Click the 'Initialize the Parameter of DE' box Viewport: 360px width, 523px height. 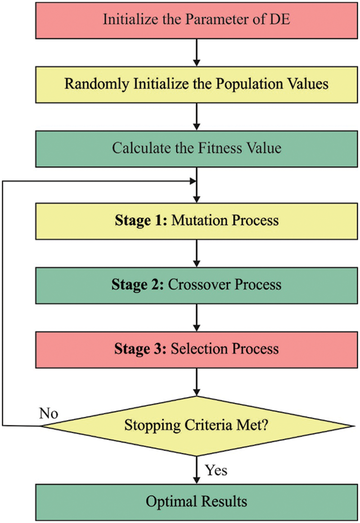tap(197, 20)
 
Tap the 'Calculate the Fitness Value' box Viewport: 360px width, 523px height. tap(197, 148)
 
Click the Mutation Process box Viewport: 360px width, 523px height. tap(197, 220)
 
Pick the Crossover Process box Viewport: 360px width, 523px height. tap(197, 285)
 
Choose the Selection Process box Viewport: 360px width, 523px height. tap(197, 349)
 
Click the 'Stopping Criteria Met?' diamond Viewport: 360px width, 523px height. tap(197, 425)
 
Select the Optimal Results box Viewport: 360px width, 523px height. tap(197, 501)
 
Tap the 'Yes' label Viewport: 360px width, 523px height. tap(216, 470)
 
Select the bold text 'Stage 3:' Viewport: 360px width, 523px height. tap(139, 349)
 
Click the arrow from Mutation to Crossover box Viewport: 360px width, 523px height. tap(197, 253)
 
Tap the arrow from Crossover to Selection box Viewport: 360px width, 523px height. tap(197, 317)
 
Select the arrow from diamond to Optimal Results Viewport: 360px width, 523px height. tap(197, 470)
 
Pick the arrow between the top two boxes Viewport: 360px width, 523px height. tap(197, 52)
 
